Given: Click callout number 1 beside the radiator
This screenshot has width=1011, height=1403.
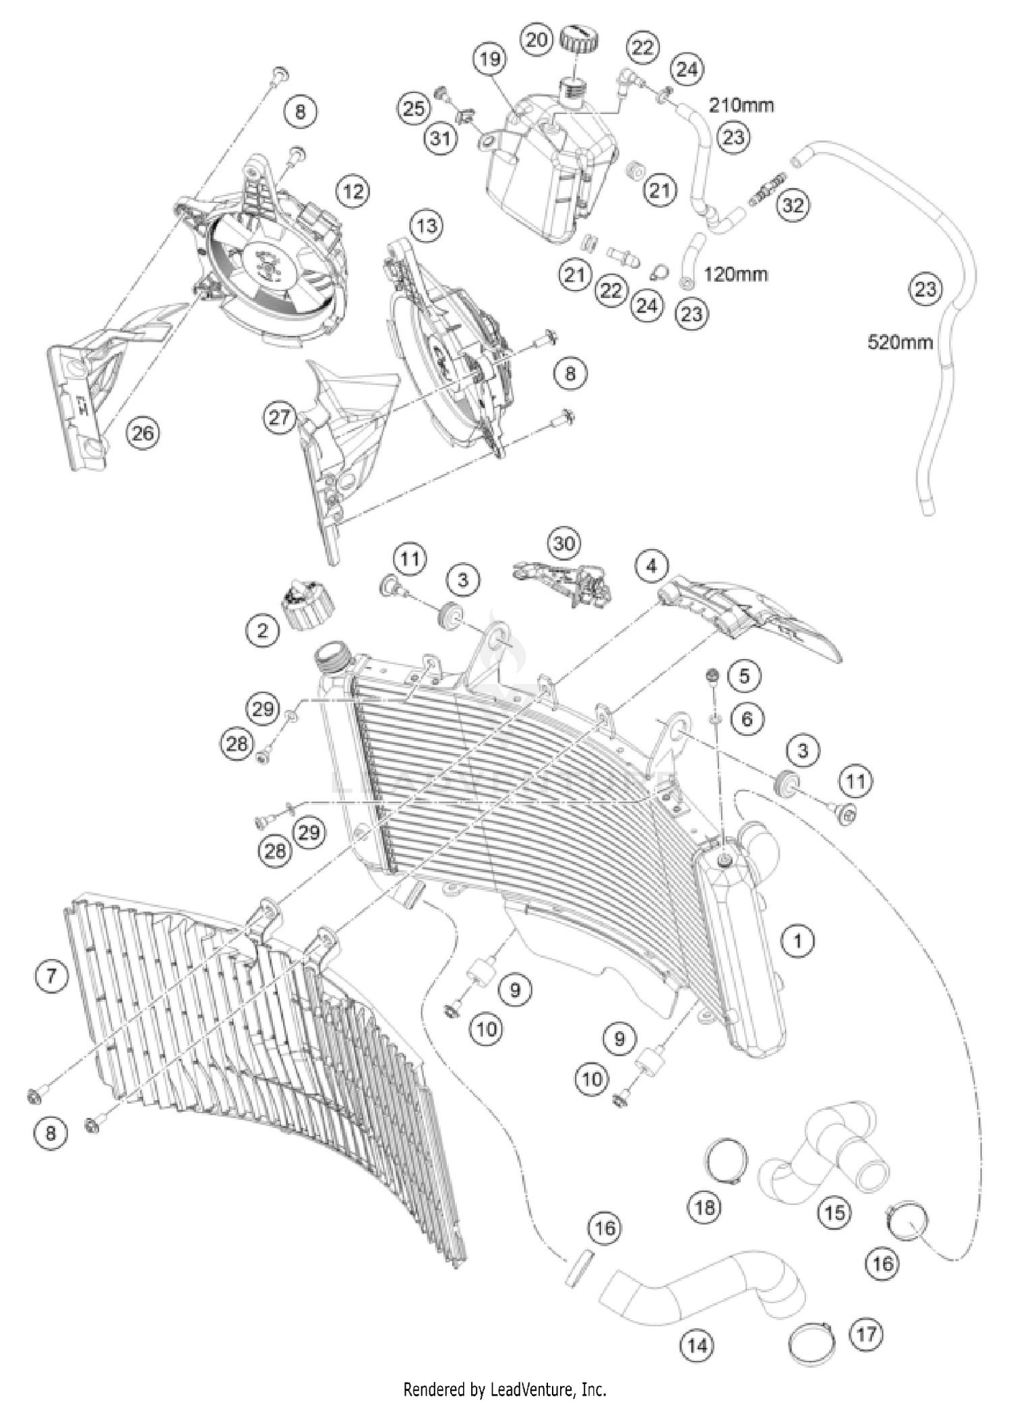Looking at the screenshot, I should tap(798, 940).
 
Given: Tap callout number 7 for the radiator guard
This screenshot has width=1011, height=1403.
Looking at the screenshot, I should tap(52, 975).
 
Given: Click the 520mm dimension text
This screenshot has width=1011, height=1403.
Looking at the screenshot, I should tap(899, 342).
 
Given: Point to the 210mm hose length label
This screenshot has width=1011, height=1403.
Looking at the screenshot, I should tap(740, 105).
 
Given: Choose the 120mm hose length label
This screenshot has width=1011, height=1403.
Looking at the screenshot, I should tap(735, 274).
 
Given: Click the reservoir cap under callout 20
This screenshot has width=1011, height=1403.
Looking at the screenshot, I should tap(576, 42).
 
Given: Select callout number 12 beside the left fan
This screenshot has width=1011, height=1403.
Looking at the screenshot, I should tap(353, 192).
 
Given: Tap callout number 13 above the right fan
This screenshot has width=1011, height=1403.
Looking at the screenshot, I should tap(427, 225).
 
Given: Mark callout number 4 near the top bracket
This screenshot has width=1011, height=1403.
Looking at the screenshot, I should tap(651, 566).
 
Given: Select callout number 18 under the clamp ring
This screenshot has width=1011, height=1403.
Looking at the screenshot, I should tap(705, 1207).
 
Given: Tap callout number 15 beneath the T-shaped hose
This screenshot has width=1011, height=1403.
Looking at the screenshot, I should tap(834, 1213).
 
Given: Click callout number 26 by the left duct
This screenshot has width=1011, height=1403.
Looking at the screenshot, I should tap(143, 433).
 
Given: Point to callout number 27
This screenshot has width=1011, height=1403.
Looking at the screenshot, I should tap(280, 418).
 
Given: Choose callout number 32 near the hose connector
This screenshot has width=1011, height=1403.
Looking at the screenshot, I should tap(793, 205).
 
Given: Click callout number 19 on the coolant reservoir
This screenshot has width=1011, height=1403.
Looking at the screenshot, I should tap(490, 59).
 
